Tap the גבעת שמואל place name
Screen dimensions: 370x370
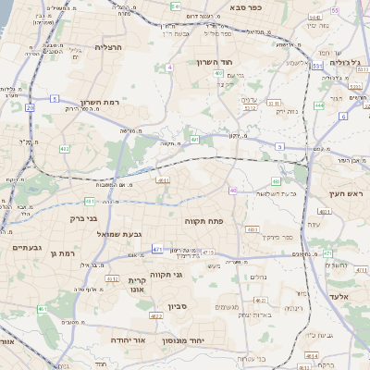[x=119, y=234]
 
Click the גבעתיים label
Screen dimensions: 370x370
[x=19, y=248]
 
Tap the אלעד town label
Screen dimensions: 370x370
[x=339, y=296]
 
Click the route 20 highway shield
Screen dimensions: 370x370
[x=30, y=107]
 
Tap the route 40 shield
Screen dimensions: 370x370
[x=233, y=191]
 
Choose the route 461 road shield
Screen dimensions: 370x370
[x=42, y=309]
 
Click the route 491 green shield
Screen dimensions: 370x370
[x=194, y=140]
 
